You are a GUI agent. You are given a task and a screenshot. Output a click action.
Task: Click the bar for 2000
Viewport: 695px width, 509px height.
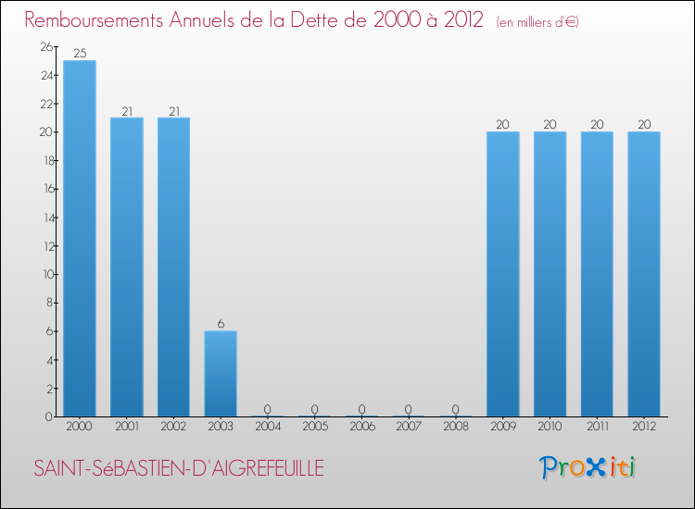pyautogui.click(x=80, y=239)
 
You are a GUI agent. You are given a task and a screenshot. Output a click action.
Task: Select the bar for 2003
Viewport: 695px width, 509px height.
pyautogui.click(x=221, y=374)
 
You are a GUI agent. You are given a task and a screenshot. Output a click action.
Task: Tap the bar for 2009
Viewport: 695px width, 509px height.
pyautogui.click(x=503, y=274)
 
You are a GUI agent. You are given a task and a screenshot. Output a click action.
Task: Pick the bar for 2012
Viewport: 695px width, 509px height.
pyautogui.click(x=644, y=274)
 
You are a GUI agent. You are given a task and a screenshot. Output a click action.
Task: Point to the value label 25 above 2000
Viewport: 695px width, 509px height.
pyautogui.click(x=80, y=54)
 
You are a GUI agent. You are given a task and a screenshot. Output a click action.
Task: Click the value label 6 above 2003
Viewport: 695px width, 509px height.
pyautogui.click(x=221, y=324)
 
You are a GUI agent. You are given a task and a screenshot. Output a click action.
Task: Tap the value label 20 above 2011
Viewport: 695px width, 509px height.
pyautogui.click(x=597, y=125)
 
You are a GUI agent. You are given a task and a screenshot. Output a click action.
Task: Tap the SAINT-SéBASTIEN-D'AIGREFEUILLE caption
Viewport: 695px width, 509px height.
pyautogui.click(x=179, y=469)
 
